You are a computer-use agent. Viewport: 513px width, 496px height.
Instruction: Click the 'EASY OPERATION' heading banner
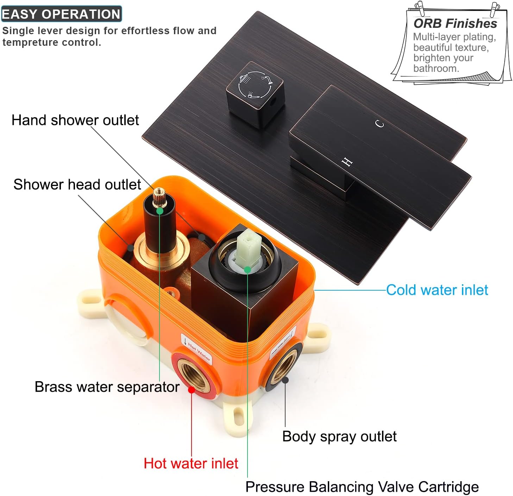[61, 14]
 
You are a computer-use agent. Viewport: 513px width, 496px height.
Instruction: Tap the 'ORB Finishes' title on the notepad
[455, 24]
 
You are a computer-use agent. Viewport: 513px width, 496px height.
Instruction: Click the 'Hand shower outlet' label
[75, 120]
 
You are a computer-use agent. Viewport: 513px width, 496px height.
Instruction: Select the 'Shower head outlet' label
[77, 185]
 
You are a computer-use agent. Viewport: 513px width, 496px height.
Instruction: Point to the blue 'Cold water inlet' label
[437, 290]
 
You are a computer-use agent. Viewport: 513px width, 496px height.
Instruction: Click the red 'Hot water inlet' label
[191, 463]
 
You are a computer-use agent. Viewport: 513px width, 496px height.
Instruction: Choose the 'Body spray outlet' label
[339, 436]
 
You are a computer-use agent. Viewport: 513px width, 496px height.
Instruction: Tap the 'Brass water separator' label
[107, 387]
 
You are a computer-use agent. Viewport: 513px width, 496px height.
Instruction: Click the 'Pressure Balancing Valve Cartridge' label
[362, 487]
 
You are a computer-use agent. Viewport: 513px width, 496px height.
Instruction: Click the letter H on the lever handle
[347, 162]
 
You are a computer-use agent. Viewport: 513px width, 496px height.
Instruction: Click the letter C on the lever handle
[380, 124]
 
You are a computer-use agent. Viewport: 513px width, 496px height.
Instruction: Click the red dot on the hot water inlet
[192, 390]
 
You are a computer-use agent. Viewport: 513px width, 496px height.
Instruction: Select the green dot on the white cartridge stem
[248, 269]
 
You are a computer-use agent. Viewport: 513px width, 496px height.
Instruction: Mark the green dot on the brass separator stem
[160, 211]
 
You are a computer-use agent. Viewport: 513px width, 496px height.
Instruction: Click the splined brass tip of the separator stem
[159, 197]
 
